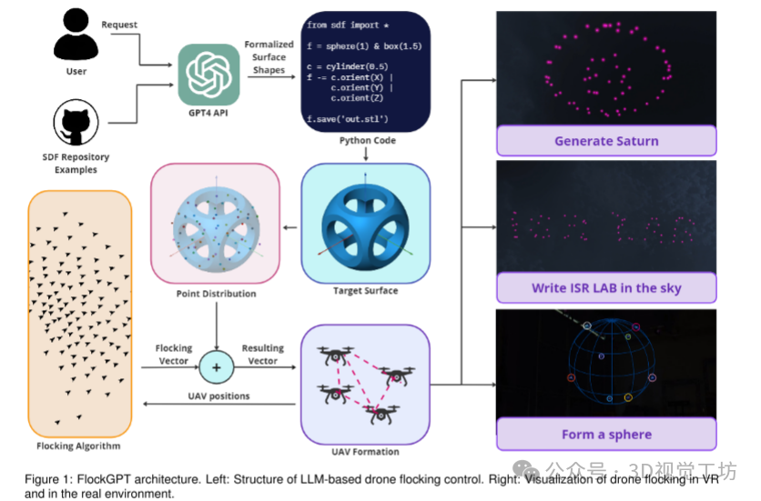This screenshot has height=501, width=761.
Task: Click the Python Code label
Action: pyautogui.click(x=367, y=142)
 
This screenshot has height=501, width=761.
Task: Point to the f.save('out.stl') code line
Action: pyautogui.click(x=348, y=119)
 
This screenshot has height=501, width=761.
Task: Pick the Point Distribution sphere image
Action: pyautogui.click(x=215, y=223)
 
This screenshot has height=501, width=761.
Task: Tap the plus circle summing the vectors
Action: pyautogui.click(x=215, y=367)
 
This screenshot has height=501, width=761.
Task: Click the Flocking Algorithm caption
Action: pyautogui.click(x=78, y=446)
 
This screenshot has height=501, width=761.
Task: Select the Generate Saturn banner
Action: pyautogui.click(x=605, y=141)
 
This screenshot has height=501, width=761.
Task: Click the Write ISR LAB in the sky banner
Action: pyautogui.click(x=605, y=288)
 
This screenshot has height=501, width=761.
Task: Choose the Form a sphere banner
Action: pyautogui.click(x=605, y=434)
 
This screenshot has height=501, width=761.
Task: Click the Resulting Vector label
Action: pyautogui.click(x=262, y=355)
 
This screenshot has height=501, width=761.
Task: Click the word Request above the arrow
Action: pyautogui.click(x=119, y=25)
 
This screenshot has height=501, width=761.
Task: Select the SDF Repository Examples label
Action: pyautogui.click(x=76, y=164)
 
